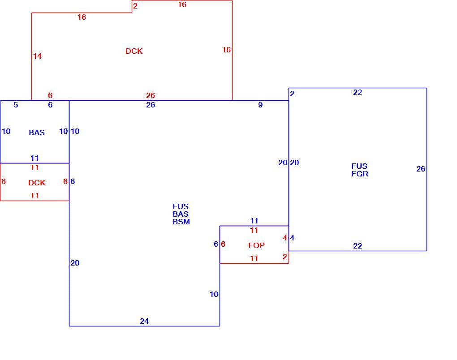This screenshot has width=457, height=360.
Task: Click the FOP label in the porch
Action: point(256,245)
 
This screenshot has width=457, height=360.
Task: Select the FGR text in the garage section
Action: point(360,174)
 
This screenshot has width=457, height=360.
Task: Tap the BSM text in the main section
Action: point(181,222)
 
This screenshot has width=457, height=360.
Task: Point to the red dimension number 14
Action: point(37,56)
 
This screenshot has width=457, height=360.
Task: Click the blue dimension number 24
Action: point(144,321)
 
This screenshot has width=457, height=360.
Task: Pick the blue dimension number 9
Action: point(260,105)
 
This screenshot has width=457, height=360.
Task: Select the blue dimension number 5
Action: point(16,105)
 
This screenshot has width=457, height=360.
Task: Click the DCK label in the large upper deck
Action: point(134,51)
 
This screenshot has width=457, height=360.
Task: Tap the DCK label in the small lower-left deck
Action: point(37,183)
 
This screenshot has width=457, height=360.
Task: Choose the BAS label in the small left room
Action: point(37,133)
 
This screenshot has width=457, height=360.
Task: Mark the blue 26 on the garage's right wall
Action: point(421,169)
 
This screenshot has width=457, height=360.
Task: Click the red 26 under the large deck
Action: point(151,95)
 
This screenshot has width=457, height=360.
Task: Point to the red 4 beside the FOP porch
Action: point(285,238)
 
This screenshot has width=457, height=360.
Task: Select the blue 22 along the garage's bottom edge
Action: point(358,246)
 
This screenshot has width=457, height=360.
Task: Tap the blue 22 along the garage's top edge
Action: point(358,93)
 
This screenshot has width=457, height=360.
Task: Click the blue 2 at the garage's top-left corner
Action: point(292,94)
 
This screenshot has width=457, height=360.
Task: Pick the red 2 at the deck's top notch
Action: point(135,6)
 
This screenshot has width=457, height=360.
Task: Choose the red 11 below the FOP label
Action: point(254,259)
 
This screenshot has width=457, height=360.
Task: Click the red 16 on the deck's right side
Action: point(226,50)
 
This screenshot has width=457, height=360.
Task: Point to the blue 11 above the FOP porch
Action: point(254,221)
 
